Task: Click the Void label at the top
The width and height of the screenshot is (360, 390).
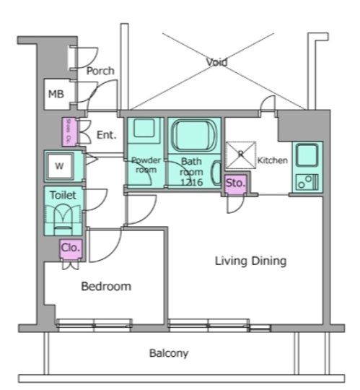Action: point(216,63)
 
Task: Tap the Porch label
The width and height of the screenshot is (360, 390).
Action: point(100,71)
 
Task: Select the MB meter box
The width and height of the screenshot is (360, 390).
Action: point(56,94)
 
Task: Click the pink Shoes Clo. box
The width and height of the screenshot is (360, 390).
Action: point(68,131)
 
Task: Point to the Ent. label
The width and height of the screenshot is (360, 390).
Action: point(106,134)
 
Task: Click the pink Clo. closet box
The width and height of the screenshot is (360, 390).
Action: point(70,248)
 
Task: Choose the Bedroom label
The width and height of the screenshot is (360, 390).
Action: point(106,287)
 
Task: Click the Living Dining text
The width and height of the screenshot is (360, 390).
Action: point(251,260)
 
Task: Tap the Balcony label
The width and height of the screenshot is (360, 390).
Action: point(169,354)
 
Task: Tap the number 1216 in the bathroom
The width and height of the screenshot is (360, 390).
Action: point(192,181)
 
